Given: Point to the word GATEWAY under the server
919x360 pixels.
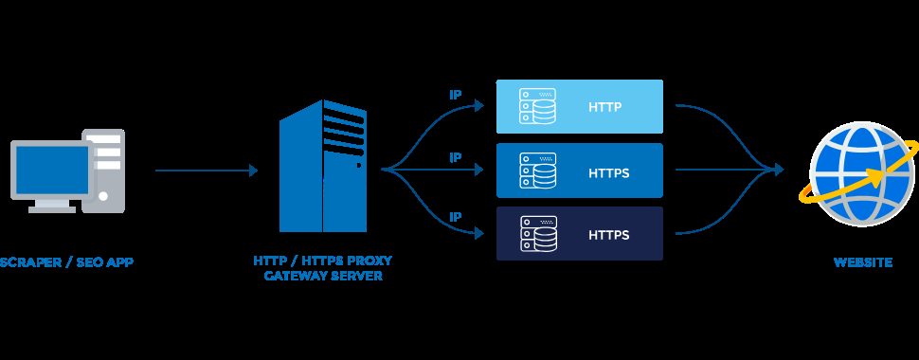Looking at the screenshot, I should [290, 276].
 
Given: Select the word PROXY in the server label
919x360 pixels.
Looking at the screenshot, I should [368, 260].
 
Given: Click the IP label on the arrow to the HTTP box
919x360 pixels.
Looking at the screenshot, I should [455, 95].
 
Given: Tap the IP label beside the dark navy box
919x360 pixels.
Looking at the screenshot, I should [455, 217].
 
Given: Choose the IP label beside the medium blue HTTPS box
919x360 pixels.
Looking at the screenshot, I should [455, 157].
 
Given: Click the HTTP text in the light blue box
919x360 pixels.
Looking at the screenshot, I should [604, 107].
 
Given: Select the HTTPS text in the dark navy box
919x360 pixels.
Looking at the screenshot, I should [608, 233].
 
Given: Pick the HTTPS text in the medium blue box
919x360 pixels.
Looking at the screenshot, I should [608, 173].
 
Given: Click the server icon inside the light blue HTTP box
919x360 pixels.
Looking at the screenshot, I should [537, 106].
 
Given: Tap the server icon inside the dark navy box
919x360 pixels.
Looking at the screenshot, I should [537, 233].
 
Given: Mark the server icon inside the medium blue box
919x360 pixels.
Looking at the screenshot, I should [537, 171].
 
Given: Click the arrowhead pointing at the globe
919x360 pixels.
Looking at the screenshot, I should [779, 170].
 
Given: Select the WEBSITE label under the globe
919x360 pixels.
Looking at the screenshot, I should [862, 261].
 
